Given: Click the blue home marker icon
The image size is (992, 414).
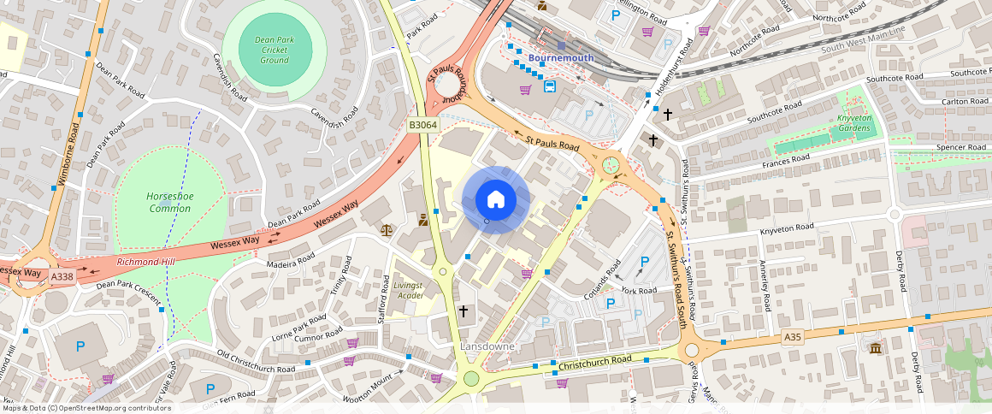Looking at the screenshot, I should [495, 200].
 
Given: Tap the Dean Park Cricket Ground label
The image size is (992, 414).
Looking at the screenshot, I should [274, 50].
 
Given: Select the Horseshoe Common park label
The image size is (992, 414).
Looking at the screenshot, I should [170, 203].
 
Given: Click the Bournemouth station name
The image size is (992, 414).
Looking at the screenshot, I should [560, 58].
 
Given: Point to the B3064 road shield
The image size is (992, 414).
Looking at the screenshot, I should [422, 125].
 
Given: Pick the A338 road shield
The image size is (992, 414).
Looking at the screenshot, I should [62, 276].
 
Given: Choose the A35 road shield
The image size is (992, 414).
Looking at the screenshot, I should [793, 339].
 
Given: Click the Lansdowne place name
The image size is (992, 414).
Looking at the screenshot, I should [487, 346].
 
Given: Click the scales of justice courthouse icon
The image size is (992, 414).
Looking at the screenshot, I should [387, 230].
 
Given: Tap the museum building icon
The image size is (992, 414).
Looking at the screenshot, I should [876, 348].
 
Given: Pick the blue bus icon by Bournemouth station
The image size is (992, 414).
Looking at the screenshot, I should [549, 86].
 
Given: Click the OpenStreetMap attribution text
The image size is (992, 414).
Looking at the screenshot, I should [86, 408].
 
